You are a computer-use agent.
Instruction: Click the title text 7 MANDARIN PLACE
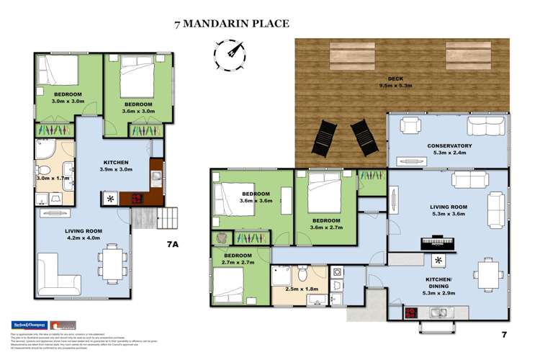[231, 24]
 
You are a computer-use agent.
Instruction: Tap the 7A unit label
[172, 245]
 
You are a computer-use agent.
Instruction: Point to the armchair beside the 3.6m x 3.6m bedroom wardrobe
[220, 237]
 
